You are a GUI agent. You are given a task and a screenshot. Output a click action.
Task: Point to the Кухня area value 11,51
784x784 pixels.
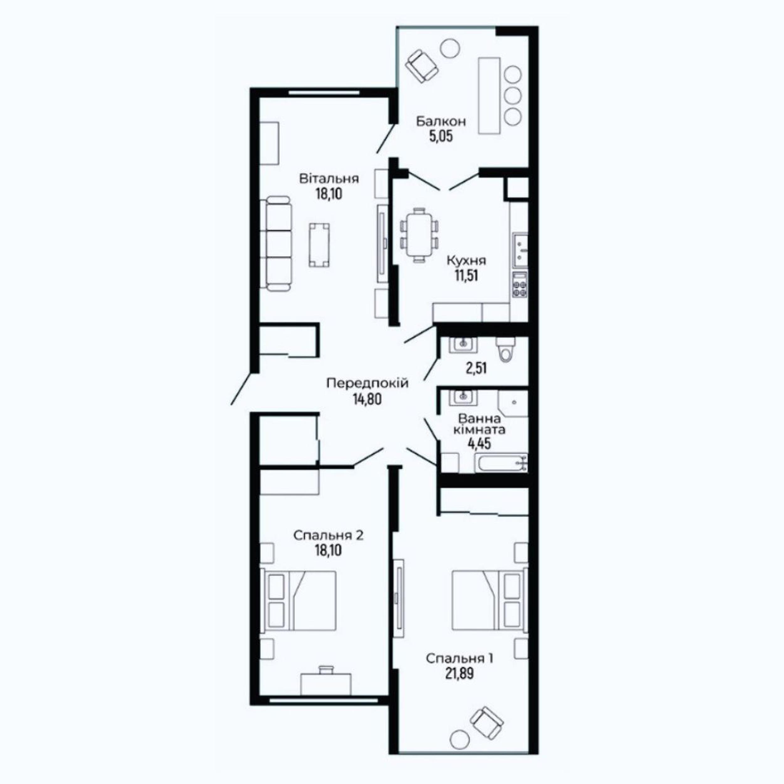pos(466,276)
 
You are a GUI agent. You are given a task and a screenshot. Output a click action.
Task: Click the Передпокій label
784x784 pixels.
pos(368,383)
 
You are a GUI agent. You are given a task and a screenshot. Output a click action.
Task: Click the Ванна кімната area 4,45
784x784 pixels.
pos(480,443)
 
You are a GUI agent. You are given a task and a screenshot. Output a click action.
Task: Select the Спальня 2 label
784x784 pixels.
pos(329,536)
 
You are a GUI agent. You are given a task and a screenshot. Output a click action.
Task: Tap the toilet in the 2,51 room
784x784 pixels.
pos(505,349)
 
